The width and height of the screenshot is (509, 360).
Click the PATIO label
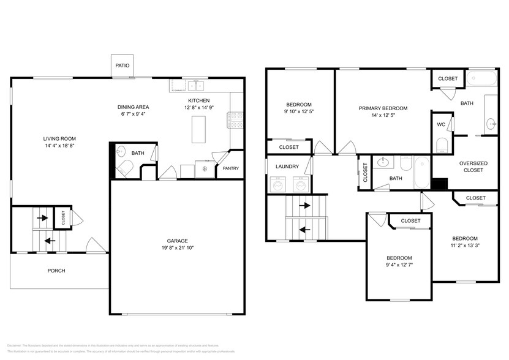pyautogui.click(x=123, y=66)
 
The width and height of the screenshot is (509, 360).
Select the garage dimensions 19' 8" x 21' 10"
pyautogui.click(x=178, y=249)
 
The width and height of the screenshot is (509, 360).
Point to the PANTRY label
pyautogui.click(x=231, y=168)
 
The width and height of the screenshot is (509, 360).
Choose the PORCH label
pyautogui.click(x=56, y=271)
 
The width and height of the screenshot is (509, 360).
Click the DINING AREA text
pyautogui.click(x=134, y=107)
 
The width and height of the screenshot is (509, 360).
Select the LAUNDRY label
pyautogui.click(x=287, y=166)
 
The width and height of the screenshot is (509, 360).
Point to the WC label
pyautogui.click(x=440, y=125)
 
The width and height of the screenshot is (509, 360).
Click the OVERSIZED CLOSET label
pyautogui.click(x=473, y=166)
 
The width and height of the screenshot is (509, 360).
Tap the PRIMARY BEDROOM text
pyautogui.click(x=383, y=108)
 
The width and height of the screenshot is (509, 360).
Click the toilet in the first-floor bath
pyautogui.click(x=124, y=168)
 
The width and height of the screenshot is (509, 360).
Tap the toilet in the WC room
pyautogui.click(x=442, y=145)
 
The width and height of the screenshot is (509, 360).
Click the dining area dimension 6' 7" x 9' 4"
pyautogui.click(x=134, y=114)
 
